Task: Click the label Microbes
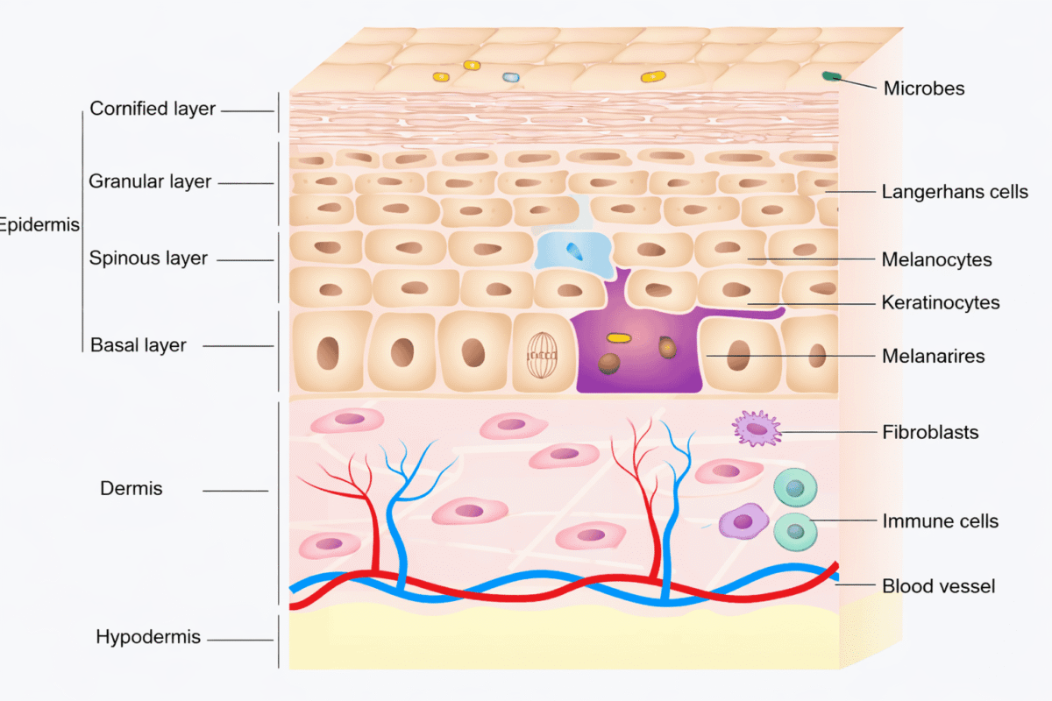point(923,89)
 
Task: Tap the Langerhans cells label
point(955,192)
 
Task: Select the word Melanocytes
point(936,260)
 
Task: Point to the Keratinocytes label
point(941,303)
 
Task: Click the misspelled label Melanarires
point(934,357)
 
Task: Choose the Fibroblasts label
point(930,432)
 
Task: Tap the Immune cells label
point(940,521)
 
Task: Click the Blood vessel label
point(938,586)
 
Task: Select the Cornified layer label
point(153,110)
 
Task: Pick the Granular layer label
point(150,182)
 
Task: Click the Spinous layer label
point(148,258)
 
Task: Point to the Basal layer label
point(139,345)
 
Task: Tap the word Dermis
point(131,489)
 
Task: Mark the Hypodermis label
point(148,637)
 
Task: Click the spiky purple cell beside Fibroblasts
point(756,428)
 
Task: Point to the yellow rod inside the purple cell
point(619,337)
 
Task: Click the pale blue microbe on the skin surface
point(511,77)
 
